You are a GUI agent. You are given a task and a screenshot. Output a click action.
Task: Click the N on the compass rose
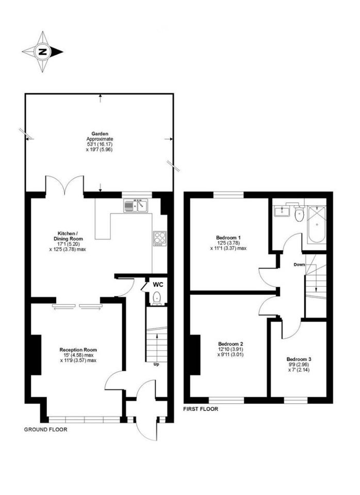(x=42, y=52)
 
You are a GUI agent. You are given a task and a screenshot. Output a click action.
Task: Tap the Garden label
(x=100, y=134)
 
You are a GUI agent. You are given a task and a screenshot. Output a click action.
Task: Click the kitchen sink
(x=136, y=206)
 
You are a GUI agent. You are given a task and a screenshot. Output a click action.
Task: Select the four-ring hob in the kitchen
(x=159, y=239)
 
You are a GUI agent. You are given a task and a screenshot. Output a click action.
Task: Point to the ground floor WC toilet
(x=156, y=299)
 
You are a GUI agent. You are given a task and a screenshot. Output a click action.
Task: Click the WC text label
(x=158, y=285)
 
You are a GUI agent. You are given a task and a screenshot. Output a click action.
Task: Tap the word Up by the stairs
(x=156, y=365)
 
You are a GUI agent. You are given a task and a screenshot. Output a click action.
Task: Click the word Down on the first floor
(x=299, y=265)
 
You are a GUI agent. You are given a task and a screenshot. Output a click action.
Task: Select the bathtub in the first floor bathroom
(x=317, y=224)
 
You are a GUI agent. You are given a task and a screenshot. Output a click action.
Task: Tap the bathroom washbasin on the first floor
(x=282, y=211)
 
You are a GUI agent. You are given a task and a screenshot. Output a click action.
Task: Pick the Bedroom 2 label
(x=231, y=344)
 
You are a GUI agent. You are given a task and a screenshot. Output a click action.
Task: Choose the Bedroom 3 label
(x=299, y=359)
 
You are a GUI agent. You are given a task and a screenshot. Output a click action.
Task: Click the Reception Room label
(x=78, y=350)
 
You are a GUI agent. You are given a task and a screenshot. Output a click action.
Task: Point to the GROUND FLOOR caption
(x=46, y=430)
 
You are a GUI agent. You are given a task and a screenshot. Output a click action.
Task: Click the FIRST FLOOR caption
(x=201, y=409)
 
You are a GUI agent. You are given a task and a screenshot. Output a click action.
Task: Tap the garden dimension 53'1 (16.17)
(x=100, y=144)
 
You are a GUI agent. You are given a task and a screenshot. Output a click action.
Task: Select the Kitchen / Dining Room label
(x=68, y=236)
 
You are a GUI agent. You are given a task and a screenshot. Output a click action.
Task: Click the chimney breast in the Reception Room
(x=36, y=355)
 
